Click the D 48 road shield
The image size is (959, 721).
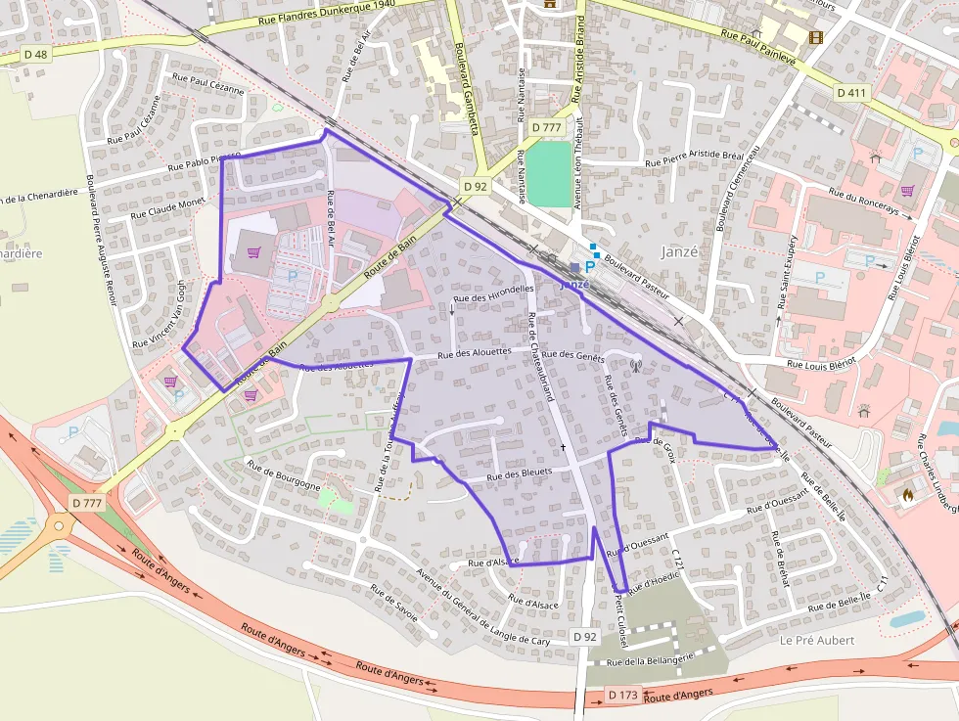(35, 55)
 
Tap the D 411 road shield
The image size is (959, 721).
(852, 92)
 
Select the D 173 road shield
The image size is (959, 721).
(622, 695)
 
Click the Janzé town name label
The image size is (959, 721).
(679, 250)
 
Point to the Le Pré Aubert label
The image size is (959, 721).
(817, 641)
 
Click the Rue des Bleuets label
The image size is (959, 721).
(520, 473)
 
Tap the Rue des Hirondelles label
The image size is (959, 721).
(494, 293)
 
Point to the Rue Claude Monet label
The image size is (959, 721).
(167, 207)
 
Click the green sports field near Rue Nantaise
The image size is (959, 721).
(549, 173)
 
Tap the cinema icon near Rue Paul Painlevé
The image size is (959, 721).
(815, 37)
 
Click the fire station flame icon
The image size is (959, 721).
(908, 495)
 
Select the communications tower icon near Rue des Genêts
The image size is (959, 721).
(633, 367)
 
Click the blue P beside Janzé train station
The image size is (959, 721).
(590, 266)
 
